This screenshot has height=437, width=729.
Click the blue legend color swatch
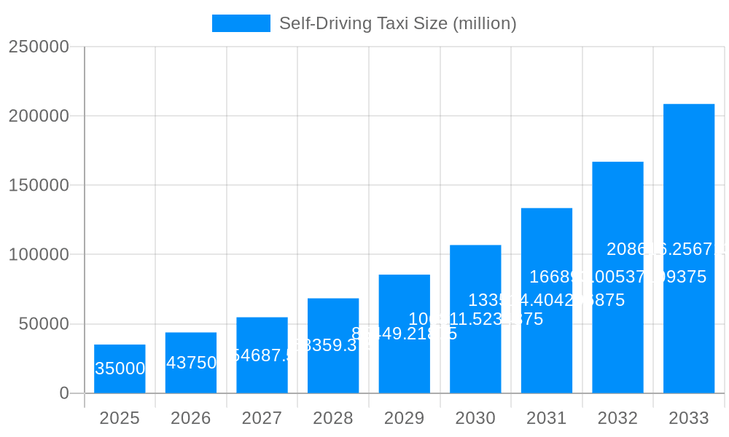[241, 23]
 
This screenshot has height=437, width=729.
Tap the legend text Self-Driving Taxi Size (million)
[397, 23]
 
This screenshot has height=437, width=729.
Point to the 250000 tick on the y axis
[39, 47]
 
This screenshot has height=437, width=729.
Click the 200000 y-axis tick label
[39, 116]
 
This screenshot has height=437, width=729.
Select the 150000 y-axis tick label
[39, 185]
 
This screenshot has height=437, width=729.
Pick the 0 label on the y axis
[63, 393]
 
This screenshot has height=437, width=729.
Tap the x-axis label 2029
[404, 418]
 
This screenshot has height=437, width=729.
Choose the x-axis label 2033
[689, 418]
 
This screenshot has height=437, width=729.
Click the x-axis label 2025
[120, 418]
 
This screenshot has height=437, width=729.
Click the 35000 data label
[120, 369]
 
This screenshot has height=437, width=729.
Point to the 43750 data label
[191, 363]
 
